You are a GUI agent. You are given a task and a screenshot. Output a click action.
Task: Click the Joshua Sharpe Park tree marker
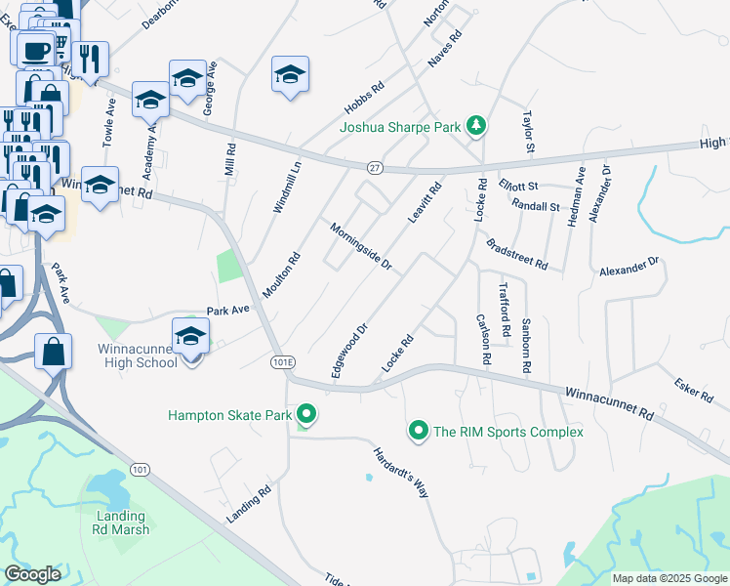(x=475, y=126)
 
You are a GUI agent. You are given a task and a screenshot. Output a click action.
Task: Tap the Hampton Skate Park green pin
(x=306, y=415)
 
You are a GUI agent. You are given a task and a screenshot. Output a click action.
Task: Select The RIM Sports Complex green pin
(x=419, y=431)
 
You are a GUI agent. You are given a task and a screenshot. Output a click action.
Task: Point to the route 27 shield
(x=375, y=168)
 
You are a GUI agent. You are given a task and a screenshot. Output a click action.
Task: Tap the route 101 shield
(x=141, y=470)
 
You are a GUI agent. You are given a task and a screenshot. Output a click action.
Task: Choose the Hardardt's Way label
(x=401, y=473)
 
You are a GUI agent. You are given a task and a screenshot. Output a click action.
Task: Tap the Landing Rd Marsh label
(x=123, y=523)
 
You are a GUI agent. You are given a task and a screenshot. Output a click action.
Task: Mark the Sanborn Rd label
(x=526, y=346)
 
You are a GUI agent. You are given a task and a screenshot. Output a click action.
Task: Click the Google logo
(x=33, y=574)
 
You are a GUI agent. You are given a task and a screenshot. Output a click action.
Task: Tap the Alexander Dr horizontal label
(x=629, y=267)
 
